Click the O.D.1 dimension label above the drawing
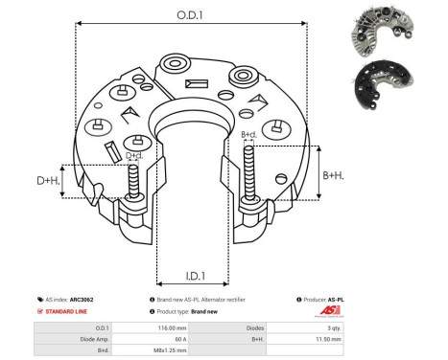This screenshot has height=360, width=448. tap(188, 14)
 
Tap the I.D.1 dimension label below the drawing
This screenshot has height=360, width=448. tap(194, 277)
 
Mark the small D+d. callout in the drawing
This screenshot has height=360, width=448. tap(134, 155)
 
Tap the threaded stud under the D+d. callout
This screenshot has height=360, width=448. tap(130, 183)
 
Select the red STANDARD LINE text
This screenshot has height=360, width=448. tap(69, 312)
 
